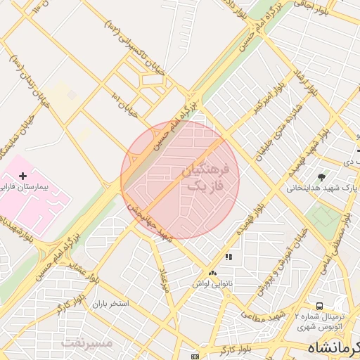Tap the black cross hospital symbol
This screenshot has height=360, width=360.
click(x=22, y=175)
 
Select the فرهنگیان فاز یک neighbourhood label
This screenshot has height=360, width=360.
click(x=205, y=179)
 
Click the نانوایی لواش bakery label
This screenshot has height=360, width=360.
click(x=212, y=283)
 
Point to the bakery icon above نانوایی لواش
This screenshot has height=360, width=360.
click(x=212, y=272)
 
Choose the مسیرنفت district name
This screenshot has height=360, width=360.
click(x=86, y=343)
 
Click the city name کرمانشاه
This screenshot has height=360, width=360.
click(x=334, y=347)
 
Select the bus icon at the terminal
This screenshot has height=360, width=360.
click(x=320, y=306)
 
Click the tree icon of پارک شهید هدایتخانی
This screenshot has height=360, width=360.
click(x=322, y=177)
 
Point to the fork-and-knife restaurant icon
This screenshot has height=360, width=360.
click(x=228, y=257)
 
